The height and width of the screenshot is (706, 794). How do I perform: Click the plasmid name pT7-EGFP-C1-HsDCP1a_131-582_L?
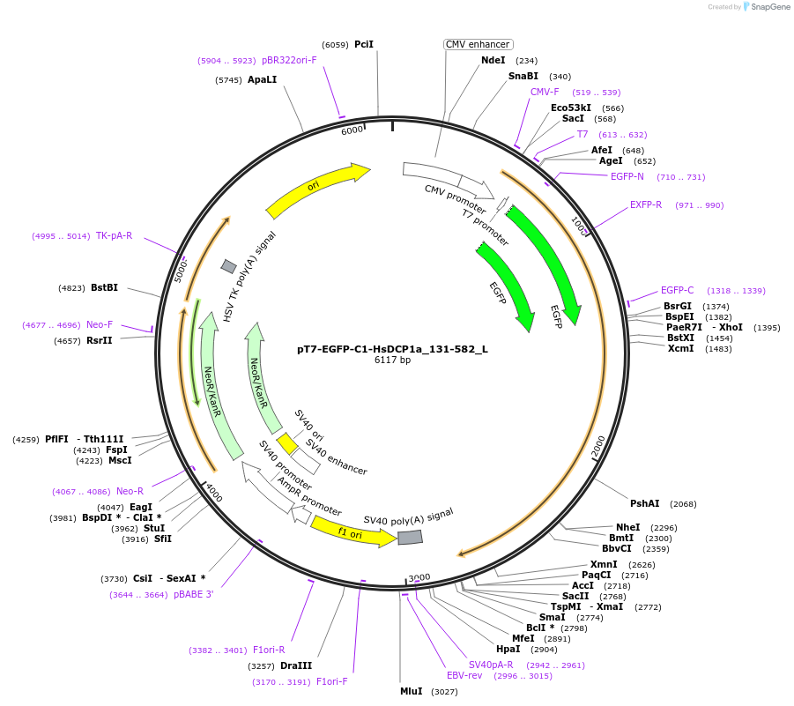click(x=392, y=348)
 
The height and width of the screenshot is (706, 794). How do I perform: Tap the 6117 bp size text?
click(x=392, y=360)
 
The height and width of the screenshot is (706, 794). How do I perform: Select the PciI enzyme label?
click(x=364, y=44)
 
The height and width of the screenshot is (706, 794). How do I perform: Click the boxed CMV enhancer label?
click(x=478, y=44)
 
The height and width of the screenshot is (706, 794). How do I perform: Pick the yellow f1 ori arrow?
click(x=352, y=532)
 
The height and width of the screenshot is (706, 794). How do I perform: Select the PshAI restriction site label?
click(x=644, y=503)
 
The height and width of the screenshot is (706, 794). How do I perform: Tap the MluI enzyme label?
click(x=412, y=691)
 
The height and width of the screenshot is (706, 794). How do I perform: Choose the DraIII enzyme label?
click(x=296, y=665)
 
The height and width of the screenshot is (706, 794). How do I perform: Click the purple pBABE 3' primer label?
click(x=193, y=594)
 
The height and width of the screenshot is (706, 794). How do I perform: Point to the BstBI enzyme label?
click(x=104, y=287)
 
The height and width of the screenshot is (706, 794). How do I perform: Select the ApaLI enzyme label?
click(x=262, y=79)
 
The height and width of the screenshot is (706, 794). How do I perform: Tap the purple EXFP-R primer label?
click(x=646, y=204)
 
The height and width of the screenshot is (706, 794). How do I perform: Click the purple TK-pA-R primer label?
click(x=114, y=235)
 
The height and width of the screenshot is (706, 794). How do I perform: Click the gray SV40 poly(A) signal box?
click(x=410, y=537)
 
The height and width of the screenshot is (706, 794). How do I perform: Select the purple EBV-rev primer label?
click(x=464, y=675)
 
